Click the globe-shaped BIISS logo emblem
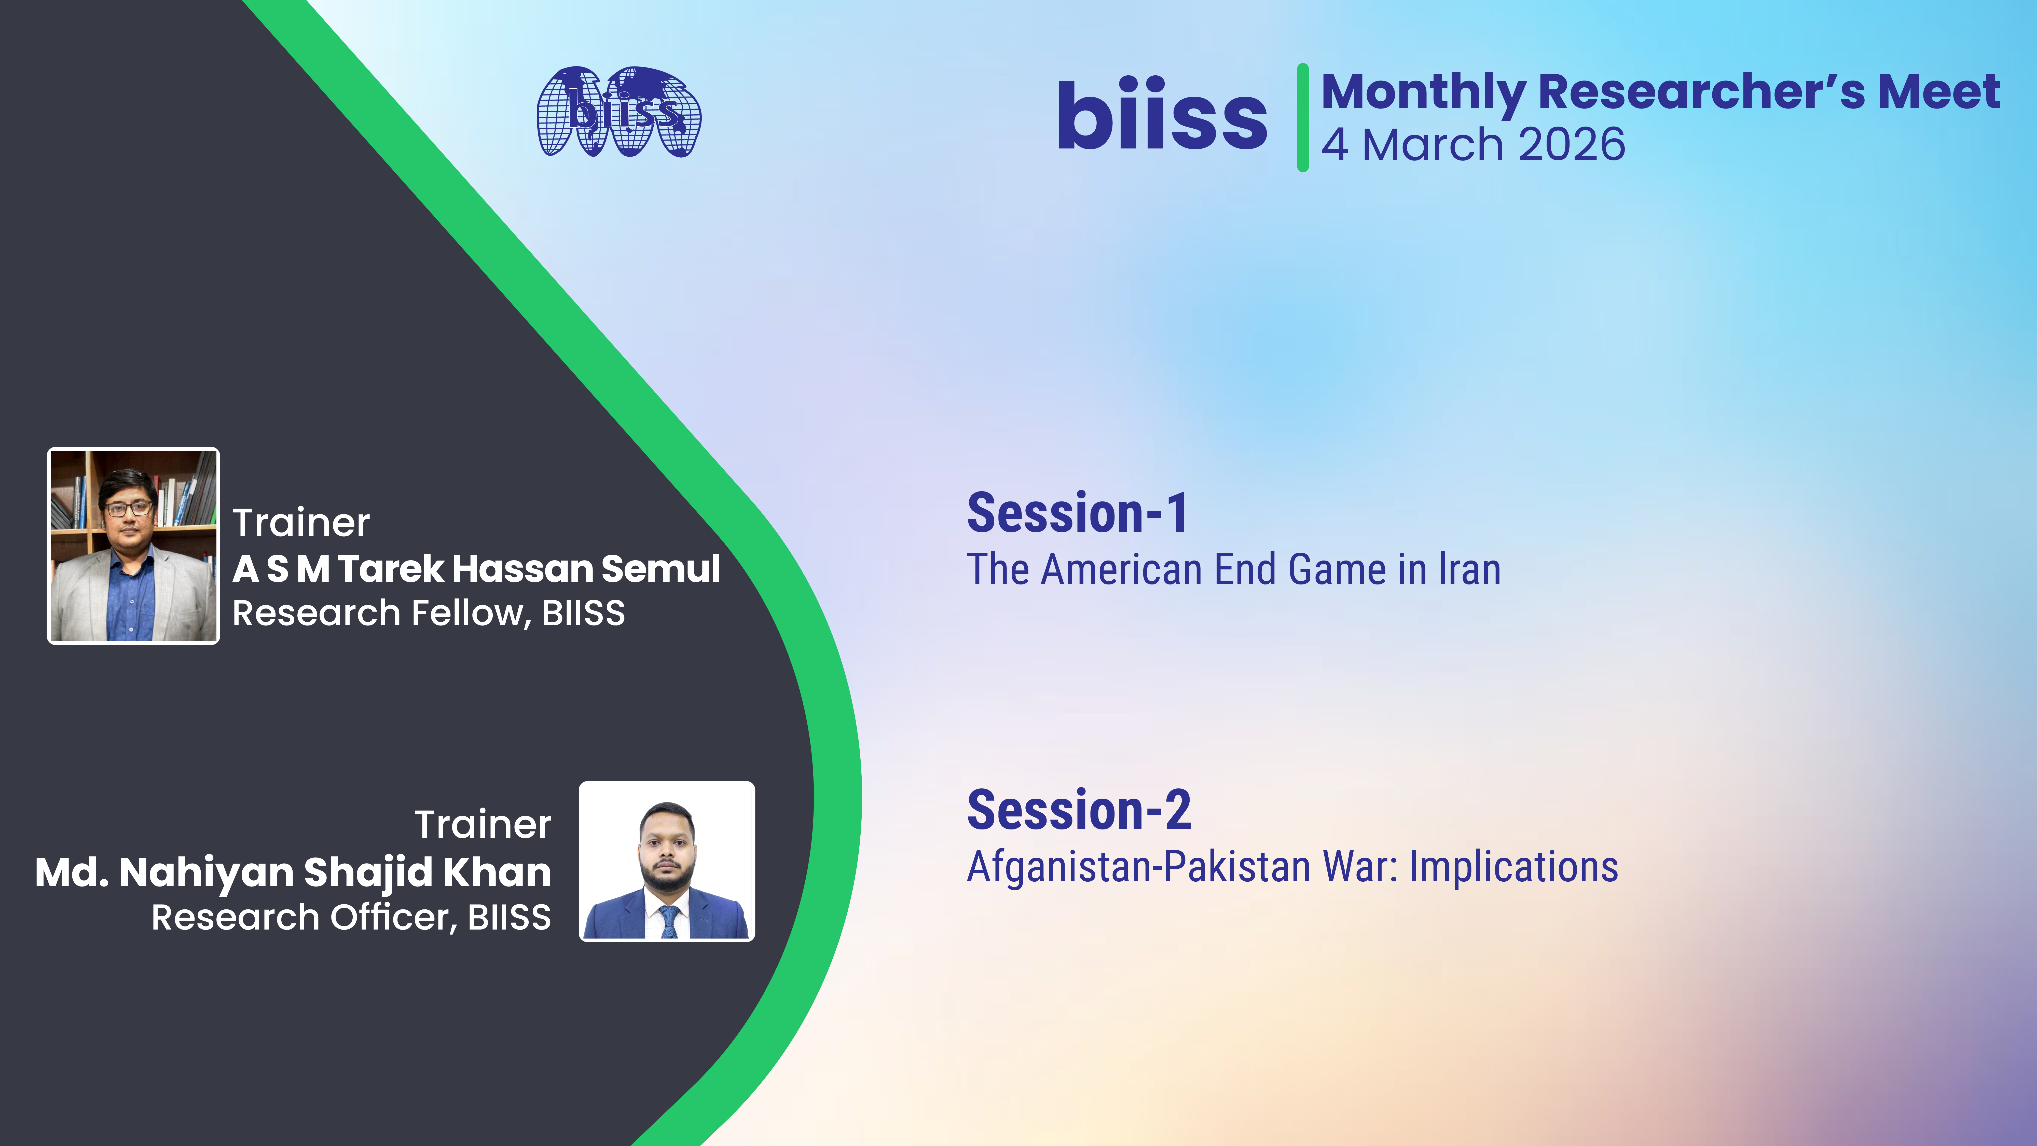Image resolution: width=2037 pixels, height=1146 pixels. (x=619, y=112)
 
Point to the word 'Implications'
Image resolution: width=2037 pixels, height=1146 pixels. (x=1513, y=868)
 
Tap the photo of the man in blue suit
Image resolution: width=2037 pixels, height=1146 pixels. (x=667, y=861)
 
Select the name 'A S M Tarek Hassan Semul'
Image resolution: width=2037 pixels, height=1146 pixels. (x=476, y=569)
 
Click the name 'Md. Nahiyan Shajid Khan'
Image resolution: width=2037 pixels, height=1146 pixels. (x=293, y=872)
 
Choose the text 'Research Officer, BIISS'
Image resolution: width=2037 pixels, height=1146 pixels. (x=351, y=917)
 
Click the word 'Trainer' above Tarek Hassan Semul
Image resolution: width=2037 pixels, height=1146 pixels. (x=301, y=523)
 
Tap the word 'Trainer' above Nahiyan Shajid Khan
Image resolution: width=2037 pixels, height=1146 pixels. (x=483, y=825)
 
